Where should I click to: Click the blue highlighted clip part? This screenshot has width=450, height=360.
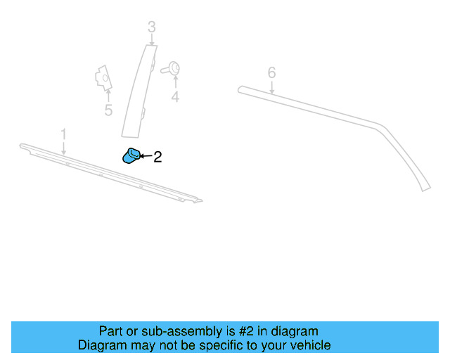point(131,156)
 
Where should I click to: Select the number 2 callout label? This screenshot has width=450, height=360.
point(157,157)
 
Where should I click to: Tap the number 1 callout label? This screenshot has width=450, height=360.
point(63,134)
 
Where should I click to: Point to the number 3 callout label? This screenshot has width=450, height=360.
point(152,27)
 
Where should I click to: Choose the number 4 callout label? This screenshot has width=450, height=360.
point(175,98)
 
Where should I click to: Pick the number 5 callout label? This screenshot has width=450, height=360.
point(108,110)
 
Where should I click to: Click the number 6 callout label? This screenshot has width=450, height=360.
point(271,72)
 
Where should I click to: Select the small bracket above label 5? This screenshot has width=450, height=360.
point(102,77)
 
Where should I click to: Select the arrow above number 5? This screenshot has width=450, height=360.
point(108,95)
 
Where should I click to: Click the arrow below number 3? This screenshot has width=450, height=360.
point(152,39)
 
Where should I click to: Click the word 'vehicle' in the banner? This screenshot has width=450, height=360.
point(308,345)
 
